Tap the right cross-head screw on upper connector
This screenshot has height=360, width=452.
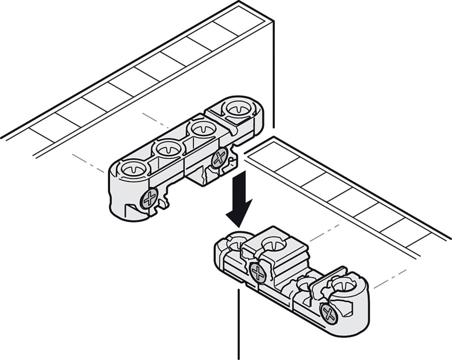point(218,157)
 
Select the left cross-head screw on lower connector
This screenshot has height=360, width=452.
point(257,272)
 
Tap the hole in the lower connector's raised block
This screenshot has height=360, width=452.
point(273,243)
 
